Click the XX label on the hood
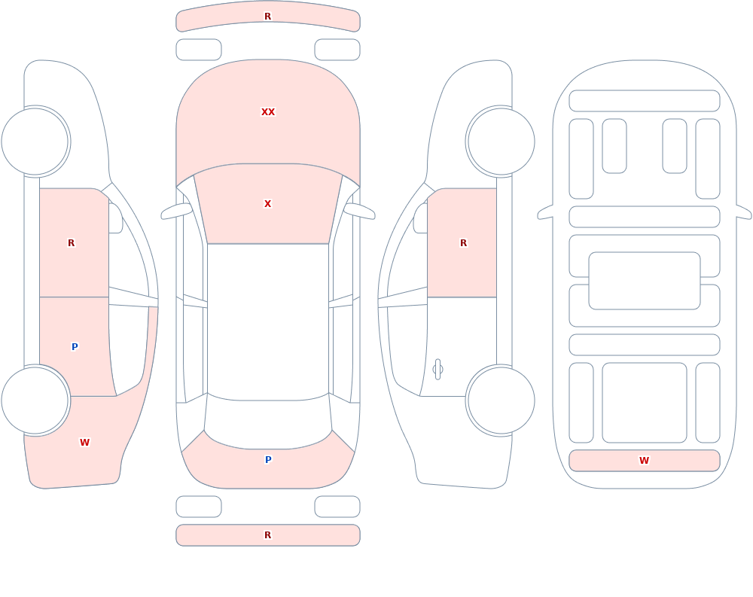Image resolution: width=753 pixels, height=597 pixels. [268, 112]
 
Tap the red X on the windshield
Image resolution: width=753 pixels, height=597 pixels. [268, 204]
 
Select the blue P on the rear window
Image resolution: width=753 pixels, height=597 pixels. [268, 460]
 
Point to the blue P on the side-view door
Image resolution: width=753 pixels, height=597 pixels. [75, 347]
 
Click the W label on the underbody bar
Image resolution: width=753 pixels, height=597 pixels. [644, 461]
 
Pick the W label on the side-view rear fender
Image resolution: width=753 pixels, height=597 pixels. [84, 443]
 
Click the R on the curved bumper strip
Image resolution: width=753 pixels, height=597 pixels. [268, 17]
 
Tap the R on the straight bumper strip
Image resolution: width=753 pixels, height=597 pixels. [268, 535]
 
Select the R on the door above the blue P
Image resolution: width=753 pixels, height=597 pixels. [71, 243]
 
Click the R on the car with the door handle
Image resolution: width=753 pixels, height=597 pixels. [463, 243]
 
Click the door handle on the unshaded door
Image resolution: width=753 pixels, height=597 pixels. [437, 370]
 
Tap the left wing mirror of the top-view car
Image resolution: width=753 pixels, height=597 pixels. [175, 211]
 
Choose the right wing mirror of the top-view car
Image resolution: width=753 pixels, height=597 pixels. [359, 211]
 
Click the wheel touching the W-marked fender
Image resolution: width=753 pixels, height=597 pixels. [35, 400]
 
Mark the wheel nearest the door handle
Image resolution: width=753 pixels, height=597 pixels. [501, 400]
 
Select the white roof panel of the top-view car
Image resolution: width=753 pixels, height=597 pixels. [268, 321]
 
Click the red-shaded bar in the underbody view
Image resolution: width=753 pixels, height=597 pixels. [645, 461]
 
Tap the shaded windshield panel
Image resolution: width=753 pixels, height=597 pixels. [268, 204]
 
